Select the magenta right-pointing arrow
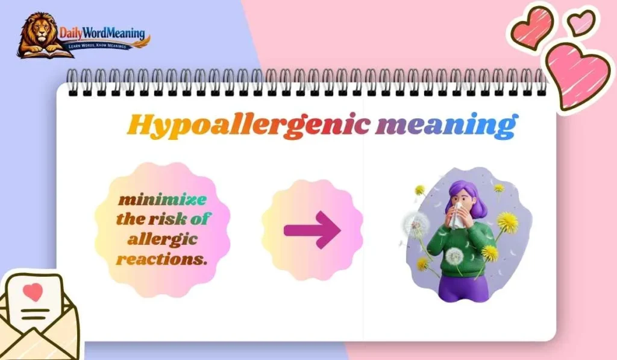312,229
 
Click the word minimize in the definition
161,200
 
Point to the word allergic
163,239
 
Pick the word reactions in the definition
161,260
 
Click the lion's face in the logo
38,29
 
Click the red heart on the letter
34,292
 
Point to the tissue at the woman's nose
456,213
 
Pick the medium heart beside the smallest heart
532,27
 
